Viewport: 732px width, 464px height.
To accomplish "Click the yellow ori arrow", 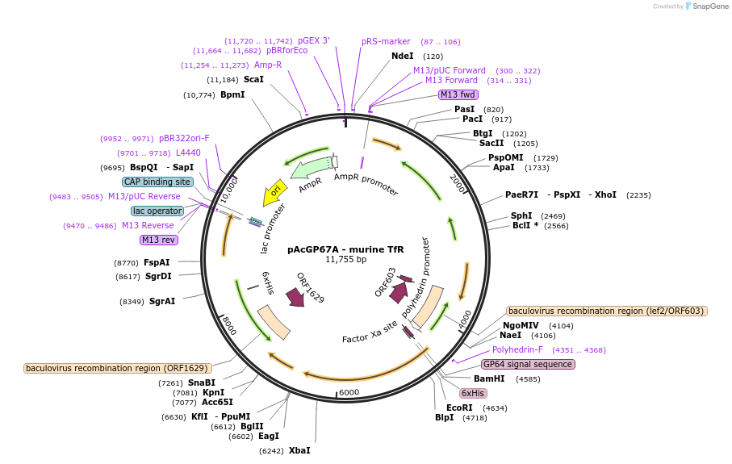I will point(274,194).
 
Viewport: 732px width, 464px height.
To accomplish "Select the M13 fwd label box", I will point(457,94).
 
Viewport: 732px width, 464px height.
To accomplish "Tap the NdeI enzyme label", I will point(402,56).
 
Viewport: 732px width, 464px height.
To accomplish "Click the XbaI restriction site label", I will point(299,450).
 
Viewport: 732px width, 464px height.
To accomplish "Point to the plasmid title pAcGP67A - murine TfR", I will point(345,249).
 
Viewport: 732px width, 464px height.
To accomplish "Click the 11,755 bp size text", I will point(345,260).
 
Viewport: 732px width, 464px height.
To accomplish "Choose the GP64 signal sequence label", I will point(529,364).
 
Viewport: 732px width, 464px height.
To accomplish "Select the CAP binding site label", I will point(158,182).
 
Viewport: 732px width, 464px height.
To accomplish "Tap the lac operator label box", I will point(157,211).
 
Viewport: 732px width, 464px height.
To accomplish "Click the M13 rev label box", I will point(159,240).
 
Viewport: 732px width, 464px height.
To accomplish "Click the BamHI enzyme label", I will point(489,378).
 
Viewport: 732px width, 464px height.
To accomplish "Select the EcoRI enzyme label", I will point(459,408).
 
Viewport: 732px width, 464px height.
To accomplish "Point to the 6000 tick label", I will point(349,392).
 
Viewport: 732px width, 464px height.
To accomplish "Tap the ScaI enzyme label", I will point(253,80).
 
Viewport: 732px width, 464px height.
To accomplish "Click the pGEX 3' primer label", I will point(314,40).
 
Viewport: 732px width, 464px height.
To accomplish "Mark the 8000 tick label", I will point(229,325).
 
